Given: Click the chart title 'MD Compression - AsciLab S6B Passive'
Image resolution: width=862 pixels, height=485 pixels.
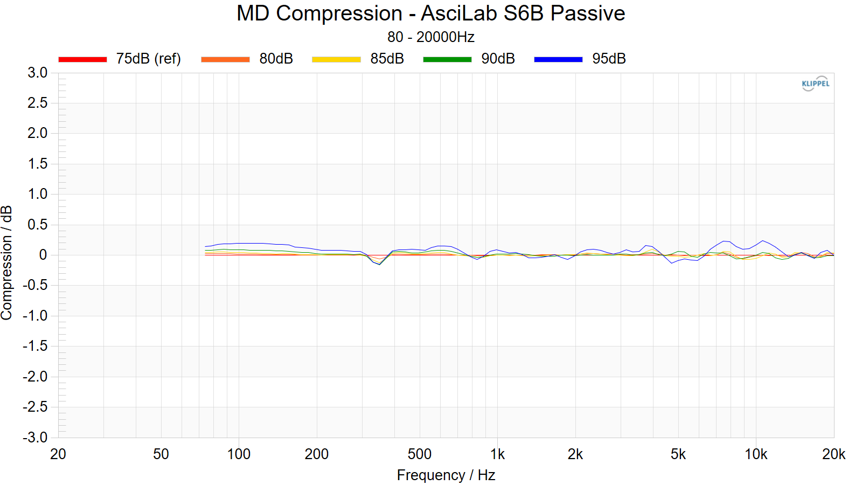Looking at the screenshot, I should point(430,13).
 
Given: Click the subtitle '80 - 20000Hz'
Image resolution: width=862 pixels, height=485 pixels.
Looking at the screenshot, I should point(430,37).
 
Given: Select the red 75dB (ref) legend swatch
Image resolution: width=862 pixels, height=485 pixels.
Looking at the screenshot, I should point(82,59).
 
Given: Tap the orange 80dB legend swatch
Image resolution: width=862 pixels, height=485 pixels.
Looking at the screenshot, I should point(225,59).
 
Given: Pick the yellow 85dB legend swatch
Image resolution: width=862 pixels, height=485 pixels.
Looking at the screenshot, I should point(336,59).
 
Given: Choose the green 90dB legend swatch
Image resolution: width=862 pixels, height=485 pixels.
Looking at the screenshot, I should point(447,59).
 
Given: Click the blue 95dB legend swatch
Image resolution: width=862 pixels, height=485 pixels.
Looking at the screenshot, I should point(558,59).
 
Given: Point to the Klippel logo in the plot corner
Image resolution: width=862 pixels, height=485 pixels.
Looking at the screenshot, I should point(815,84).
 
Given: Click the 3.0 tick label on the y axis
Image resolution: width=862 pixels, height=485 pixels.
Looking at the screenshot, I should point(38,73).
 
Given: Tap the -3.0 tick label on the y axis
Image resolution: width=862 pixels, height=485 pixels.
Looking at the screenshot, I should point(36,437).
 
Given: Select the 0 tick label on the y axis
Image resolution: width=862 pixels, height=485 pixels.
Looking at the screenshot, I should point(43,255).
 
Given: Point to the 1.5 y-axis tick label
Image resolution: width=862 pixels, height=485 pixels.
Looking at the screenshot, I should point(38,164).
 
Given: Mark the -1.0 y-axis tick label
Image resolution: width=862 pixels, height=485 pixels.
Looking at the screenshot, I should point(36,316).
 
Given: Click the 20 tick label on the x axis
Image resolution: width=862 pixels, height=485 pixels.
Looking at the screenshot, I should point(58,454).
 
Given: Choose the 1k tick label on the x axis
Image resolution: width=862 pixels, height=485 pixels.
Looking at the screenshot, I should point(497,454).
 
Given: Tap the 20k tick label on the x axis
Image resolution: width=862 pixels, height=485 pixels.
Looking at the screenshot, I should point(833,454).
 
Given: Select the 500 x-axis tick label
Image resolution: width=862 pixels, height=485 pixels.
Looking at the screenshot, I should point(420,454).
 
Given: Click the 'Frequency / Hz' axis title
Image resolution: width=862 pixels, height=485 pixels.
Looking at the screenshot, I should point(446,475).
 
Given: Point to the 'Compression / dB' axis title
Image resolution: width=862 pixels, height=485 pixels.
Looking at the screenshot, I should point(7,262).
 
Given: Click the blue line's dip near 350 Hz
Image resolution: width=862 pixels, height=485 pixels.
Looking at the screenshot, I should point(380,264).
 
